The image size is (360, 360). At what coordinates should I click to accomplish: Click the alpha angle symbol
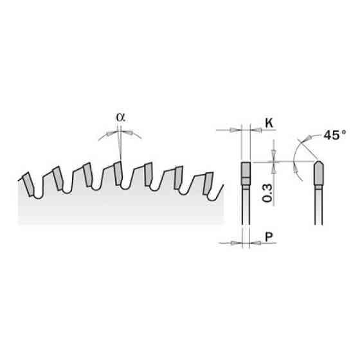(121, 117)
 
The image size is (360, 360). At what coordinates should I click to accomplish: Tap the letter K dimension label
(269, 123)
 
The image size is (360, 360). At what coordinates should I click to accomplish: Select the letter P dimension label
(269, 237)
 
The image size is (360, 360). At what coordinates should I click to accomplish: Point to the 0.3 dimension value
(267, 193)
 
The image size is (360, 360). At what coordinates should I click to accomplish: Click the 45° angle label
(334, 135)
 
